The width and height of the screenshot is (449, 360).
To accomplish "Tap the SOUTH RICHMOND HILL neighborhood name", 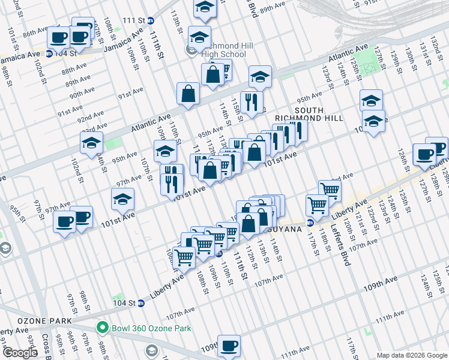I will click(309, 115).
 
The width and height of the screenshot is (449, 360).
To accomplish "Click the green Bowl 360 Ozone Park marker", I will click(102, 328).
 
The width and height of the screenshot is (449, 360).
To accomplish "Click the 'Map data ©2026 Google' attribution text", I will click(412, 355).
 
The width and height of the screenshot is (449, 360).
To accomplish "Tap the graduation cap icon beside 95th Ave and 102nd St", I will click(91, 143).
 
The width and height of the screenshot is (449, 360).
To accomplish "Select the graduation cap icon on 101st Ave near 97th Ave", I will click(123, 199).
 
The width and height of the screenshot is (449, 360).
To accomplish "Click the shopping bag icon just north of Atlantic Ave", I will click(188, 94).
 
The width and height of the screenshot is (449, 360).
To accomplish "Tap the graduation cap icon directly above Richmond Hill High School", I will click(199, 36).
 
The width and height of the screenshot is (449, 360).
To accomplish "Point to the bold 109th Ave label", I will click(379, 280).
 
